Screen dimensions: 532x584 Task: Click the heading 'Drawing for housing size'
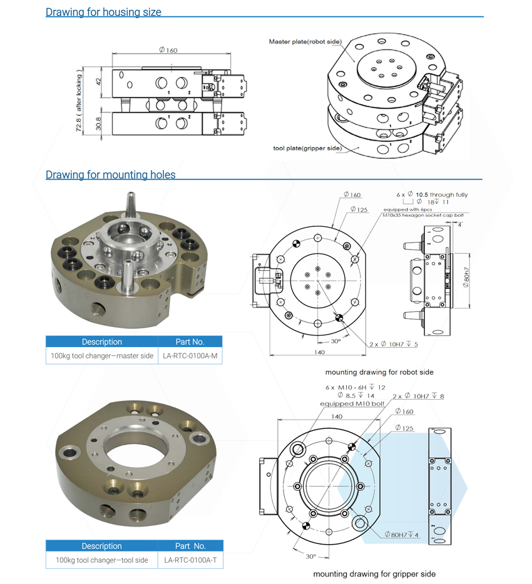coord(103,12)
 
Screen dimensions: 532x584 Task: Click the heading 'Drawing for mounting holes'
coord(110,174)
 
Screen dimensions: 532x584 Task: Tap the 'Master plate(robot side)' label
coord(305,42)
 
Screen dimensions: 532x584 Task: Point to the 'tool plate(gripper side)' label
coord(307,148)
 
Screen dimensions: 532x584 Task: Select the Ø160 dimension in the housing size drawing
coord(168,49)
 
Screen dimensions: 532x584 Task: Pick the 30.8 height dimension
coord(98,124)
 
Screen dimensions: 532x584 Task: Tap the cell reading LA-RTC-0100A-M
coord(190,356)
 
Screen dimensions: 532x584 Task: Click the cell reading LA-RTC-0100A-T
coord(190,560)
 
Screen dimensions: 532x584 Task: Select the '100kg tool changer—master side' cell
coord(102,356)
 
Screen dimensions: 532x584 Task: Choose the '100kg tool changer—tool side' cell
coord(102,560)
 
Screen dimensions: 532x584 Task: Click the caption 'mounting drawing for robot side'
coord(379,372)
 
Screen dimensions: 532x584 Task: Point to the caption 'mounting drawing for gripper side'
coord(374,574)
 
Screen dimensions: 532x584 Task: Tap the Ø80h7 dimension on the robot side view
coord(466,278)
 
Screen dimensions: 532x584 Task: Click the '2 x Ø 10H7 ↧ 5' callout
coord(394,344)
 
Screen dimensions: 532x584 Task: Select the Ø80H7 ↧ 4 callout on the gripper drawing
coord(402,535)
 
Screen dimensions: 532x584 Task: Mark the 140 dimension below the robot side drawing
coord(319,352)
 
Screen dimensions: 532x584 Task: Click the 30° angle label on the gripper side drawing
coord(311,556)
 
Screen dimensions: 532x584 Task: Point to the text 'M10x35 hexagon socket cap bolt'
coord(423,215)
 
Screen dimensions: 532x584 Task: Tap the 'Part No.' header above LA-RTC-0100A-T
coord(190,546)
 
